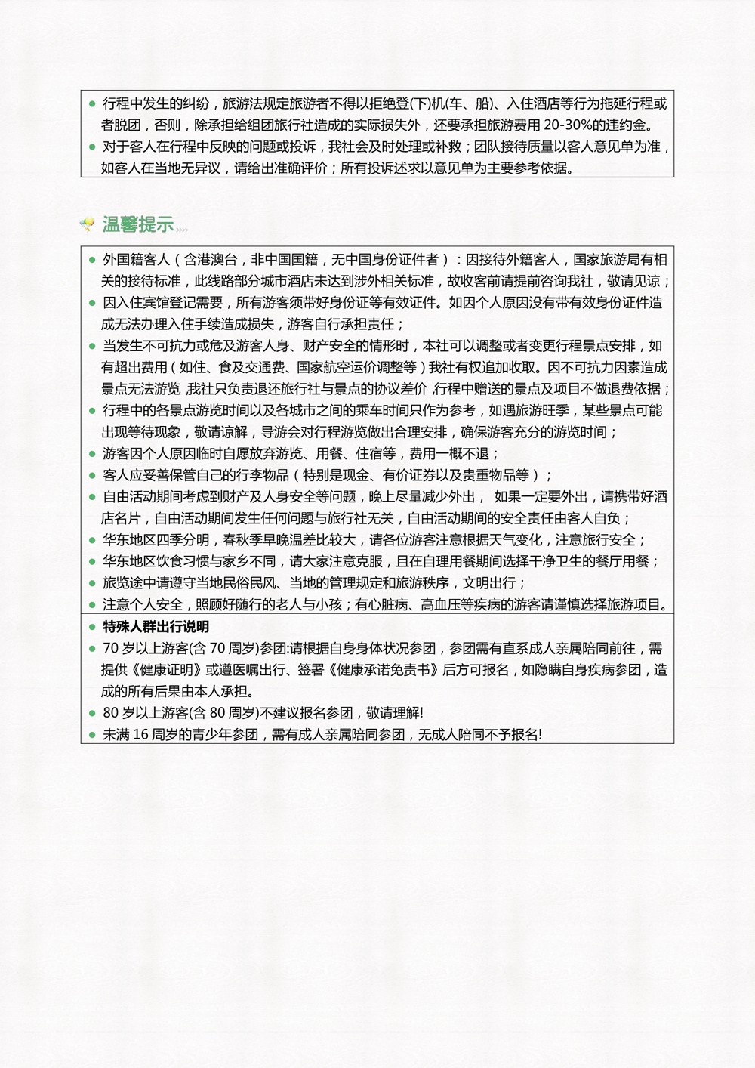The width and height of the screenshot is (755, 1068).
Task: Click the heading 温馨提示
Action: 138,224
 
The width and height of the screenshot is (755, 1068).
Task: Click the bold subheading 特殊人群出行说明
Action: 156,627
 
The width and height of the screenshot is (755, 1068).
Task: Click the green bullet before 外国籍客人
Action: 92,260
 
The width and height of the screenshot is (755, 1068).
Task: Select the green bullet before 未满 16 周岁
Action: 92,735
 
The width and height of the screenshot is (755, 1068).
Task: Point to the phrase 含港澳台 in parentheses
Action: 210,260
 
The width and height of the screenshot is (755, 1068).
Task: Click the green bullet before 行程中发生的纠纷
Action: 92,103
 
